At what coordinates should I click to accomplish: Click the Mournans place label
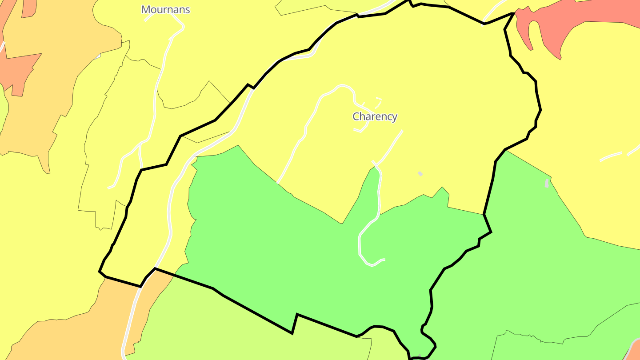pos(165,9)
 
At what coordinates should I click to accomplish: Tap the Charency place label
pos(375,116)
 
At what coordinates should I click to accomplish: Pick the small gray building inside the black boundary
pos(420,174)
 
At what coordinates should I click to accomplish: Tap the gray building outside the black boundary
pos(547,183)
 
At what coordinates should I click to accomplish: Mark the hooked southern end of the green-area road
pos(382,260)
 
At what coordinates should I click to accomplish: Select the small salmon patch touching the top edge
pos(28,8)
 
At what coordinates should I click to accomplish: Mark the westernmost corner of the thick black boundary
pos(99,271)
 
